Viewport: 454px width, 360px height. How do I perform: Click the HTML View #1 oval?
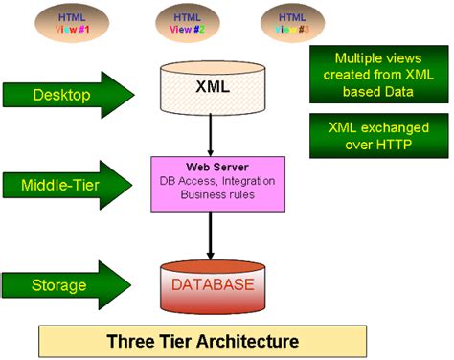tap(73, 23)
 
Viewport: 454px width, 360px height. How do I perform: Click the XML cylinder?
tap(212, 88)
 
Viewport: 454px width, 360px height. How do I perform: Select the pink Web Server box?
tap(212, 182)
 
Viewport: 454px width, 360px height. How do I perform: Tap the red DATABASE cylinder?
tap(212, 286)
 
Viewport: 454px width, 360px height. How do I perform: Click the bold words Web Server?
tap(211, 167)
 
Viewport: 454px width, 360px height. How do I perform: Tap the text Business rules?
tap(212, 195)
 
